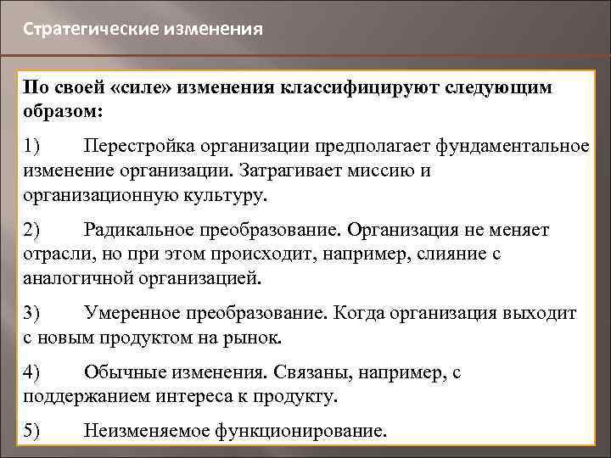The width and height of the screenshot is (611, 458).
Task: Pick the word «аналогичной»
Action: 77,277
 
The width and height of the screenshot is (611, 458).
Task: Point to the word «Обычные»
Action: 121,372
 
